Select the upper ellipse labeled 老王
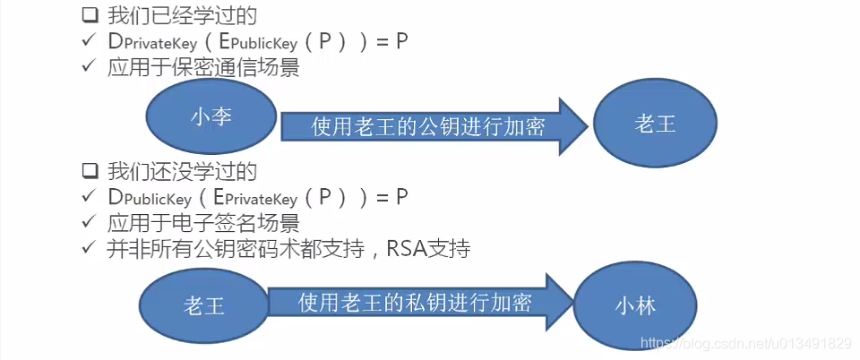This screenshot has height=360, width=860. pyautogui.click(x=655, y=124)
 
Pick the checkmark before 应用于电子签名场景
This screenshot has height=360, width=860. pyautogui.click(x=88, y=221)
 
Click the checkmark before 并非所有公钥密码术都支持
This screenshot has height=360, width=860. pyautogui.click(x=88, y=248)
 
